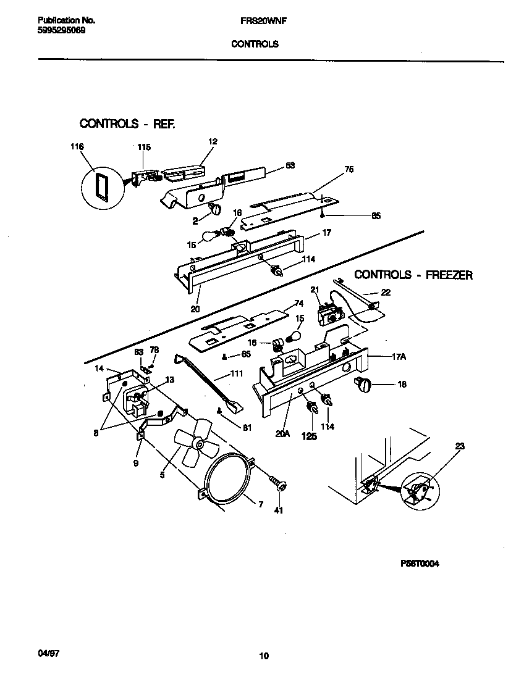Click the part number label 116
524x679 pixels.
pyautogui.click(x=77, y=146)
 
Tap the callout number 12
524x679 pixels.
pyautogui.click(x=213, y=141)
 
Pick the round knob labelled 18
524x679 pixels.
pyautogui.click(x=361, y=386)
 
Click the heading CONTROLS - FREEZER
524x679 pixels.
pyautogui.click(x=413, y=275)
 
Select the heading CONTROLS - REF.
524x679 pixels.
pyautogui.click(x=127, y=123)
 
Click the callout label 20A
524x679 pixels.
pyautogui.click(x=282, y=434)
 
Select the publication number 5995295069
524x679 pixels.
pyautogui.click(x=57, y=29)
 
